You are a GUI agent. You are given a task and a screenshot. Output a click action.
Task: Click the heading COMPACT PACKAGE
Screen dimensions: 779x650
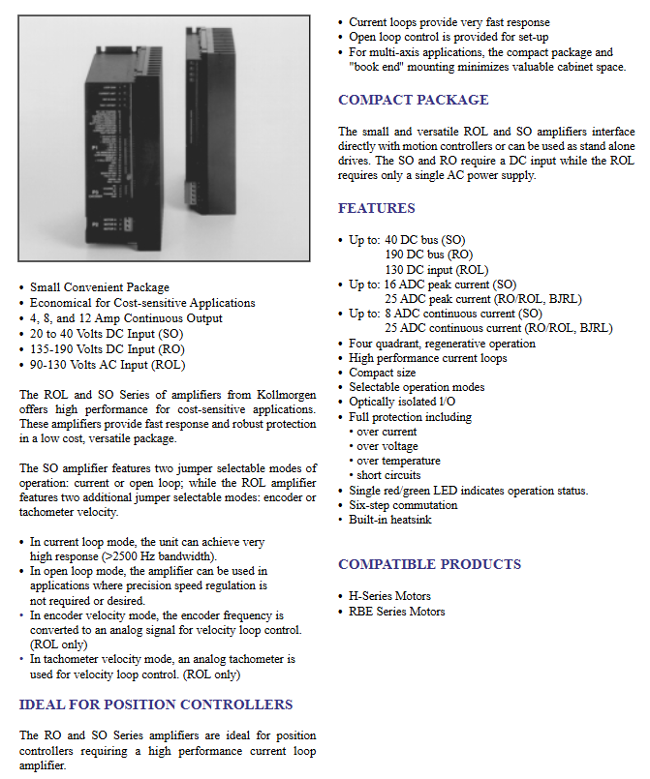pyautogui.click(x=413, y=100)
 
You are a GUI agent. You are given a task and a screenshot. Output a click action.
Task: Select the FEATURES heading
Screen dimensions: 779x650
pyautogui.click(x=376, y=208)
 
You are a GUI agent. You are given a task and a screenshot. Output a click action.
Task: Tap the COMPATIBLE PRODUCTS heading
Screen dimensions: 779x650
pyautogui.click(x=429, y=564)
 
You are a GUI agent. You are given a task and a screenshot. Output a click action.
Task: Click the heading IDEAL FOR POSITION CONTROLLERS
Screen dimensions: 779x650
pyautogui.click(x=155, y=704)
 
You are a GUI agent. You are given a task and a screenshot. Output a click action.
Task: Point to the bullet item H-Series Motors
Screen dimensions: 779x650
pyautogui.click(x=389, y=596)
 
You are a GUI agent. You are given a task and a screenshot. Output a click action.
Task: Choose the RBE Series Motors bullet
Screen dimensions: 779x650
pyautogui.click(x=396, y=612)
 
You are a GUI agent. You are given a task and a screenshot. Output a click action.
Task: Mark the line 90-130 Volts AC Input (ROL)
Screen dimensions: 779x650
pyautogui.click(x=107, y=365)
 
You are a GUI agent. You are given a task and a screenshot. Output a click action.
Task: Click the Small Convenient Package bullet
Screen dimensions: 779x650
pyautogui.click(x=99, y=287)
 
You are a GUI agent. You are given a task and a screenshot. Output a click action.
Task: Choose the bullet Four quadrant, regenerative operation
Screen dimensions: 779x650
pyautogui.click(x=442, y=344)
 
